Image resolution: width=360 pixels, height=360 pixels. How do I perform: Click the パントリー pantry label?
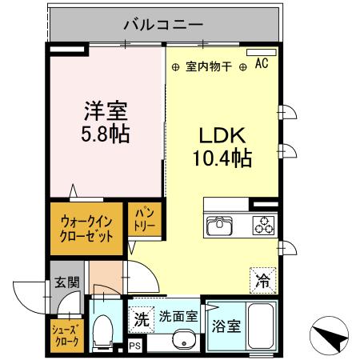click(144, 218)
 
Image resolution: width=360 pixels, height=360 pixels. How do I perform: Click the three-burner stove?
click(262, 226)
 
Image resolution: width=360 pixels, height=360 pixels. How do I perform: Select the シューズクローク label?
click(65, 334)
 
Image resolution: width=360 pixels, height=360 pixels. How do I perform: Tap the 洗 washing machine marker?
click(142, 318)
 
